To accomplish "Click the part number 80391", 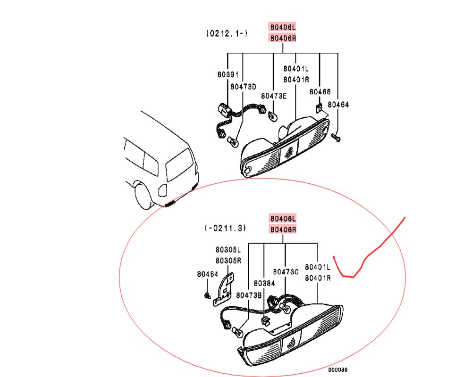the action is click(x=228, y=74).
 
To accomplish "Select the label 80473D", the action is click(x=243, y=87).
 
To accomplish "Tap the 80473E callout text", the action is click(x=274, y=96).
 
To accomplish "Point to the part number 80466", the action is click(x=320, y=92).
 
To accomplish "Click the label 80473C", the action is click(x=286, y=272).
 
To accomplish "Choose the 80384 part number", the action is click(x=264, y=283).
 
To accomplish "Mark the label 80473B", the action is click(x=249, y=295).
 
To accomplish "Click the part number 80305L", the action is click(x=228, y=250).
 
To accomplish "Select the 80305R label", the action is click(x=228, y=260).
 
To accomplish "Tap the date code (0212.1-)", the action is click(x=227, y=33).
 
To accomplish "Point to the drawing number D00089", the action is click(x=338, y=369).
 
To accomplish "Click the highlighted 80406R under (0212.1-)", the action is click(x=283, y=38).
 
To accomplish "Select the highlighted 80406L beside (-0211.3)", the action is click(x=283, y=219).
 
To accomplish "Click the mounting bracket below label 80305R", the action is click(x=224, y=290).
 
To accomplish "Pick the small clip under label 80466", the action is click(x=319, y=108).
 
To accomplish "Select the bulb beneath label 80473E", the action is click(x=272, y=116).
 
